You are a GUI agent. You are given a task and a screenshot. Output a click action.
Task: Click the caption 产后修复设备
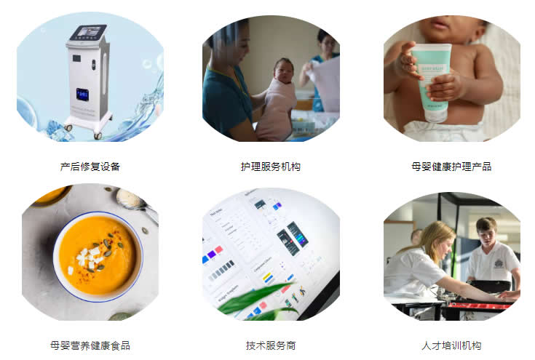90,167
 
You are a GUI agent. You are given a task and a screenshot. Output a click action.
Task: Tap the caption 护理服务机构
271,167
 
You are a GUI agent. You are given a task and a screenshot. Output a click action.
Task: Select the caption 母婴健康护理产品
451,167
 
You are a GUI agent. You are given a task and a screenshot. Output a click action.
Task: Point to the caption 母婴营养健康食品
90,345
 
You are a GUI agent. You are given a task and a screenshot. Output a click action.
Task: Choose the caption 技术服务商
271,345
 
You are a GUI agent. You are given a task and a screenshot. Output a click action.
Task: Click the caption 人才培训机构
451,345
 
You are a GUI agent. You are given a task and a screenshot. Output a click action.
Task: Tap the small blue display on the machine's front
82,95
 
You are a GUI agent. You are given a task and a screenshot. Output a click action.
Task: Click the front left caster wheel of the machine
68,128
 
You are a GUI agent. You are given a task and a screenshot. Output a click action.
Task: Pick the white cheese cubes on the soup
87,258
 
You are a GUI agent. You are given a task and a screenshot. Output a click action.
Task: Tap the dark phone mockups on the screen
292,239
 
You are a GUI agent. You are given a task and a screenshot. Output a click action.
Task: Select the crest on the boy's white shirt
499,263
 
